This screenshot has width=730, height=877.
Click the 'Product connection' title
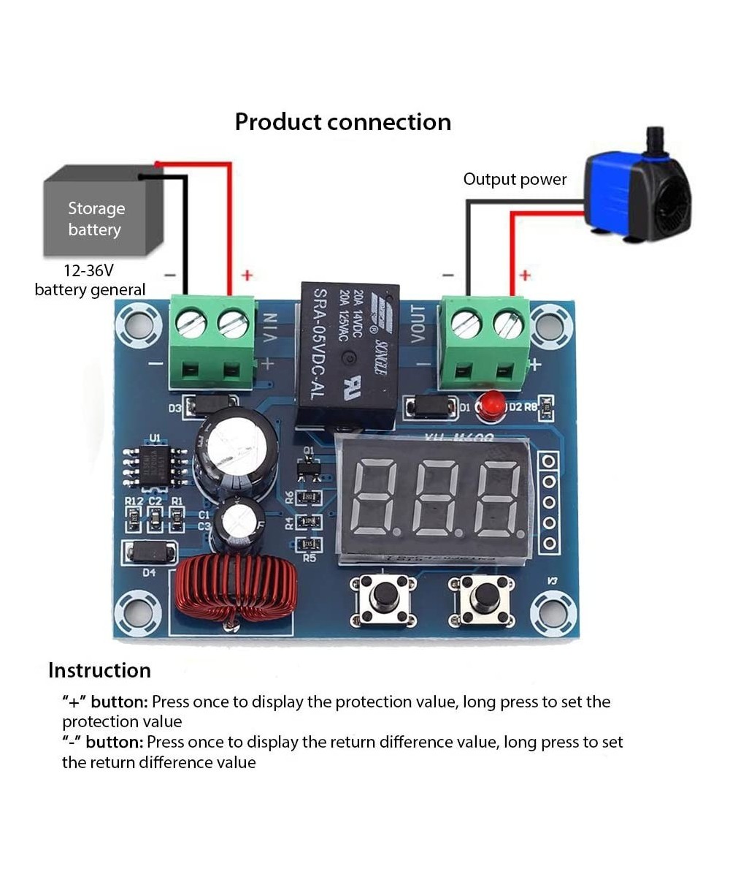[342, 121]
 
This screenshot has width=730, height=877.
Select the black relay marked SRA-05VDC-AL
[349, 354]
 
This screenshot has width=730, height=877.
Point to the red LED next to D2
[492, 404]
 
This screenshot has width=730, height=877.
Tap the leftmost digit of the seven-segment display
[373, 498]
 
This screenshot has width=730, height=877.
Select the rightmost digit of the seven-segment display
[498, 498]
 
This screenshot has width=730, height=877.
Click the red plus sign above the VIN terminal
[247, 275]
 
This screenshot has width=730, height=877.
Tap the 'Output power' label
[515, 179]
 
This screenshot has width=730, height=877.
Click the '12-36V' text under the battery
[88, 270]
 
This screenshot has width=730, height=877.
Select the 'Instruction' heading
[99, 670]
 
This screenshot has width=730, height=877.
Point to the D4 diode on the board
[150, 552]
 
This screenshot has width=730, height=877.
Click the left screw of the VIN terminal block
[191, 322]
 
